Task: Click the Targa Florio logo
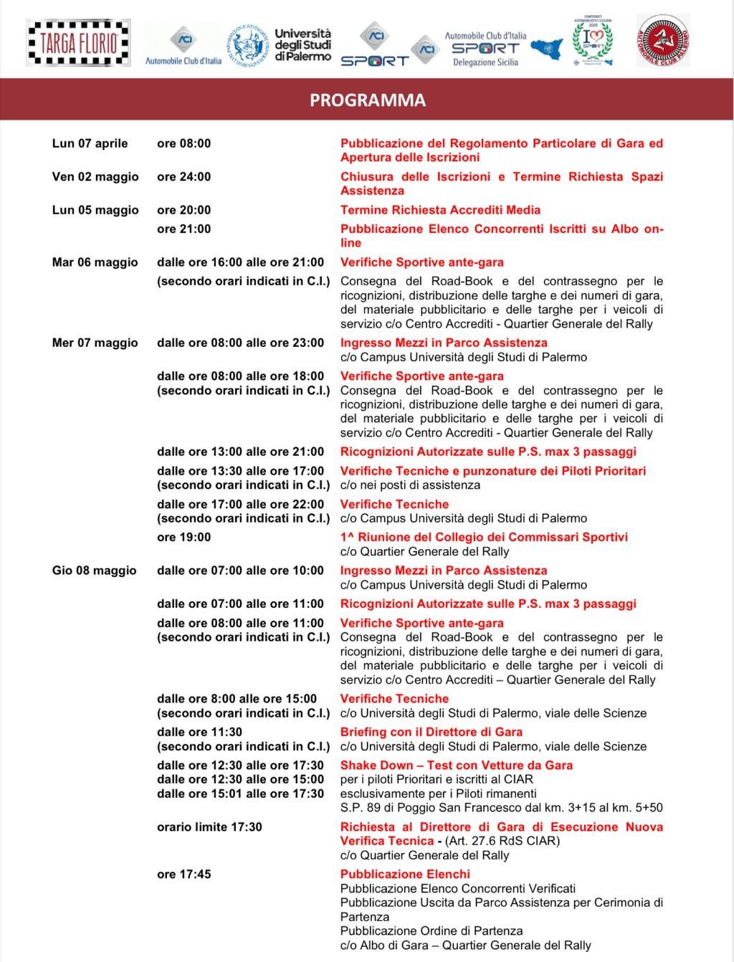pyautogui.click(x=79, y=43)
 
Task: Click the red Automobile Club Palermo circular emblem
pyautogui.click(x=663, y=41)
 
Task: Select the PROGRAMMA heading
pyautogui.click(x=367, y=100)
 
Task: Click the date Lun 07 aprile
pyautogui.click(x=90, y=143)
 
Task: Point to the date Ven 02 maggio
pyautogui.click(x=95, y=177)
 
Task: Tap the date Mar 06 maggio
pyautogui.click(x=95, y=262)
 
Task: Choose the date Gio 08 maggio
pyautogui.click(x=94, y=571)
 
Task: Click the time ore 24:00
pyautogui.click(x=184, y=177)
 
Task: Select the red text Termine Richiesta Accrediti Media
pyautogui.click(x=440, y=210)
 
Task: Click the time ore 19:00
pyautogui.click(x=184, y=538)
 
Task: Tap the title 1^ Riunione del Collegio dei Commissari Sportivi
pyautogui.click(x=484, y=538)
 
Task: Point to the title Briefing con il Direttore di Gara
pyautogui.click(x=431, y=732)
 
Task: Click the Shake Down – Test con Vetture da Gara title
pyautogui.click(x=456, y=766)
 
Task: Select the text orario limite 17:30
pyautogui.click(x=209, y=827)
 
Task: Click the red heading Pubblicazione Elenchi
pyautogui.click(x=405, y=875)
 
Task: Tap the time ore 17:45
pyautogui.click(x=184, y=875)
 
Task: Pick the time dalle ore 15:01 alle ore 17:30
pyautogui.click(x=240, y=794)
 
